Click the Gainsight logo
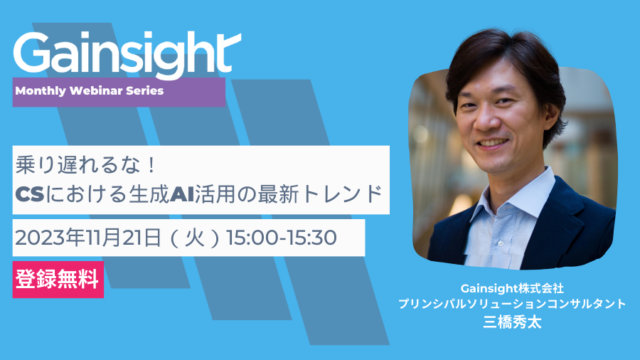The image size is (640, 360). pos(127,54)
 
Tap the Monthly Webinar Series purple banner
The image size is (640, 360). pos(119,92)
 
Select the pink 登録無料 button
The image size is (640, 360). pos(58,280)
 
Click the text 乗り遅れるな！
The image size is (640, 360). pos(86,165)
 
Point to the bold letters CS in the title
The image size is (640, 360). pos(29,194)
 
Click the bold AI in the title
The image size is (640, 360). pos(181,194)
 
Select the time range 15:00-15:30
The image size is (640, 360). pos(282,238)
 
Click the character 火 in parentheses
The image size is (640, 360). pos(195,238)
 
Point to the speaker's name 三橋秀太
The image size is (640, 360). pos(512,322)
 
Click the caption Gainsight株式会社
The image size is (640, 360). pos(512,289)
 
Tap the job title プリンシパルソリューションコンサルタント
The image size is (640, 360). pos(512,304)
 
